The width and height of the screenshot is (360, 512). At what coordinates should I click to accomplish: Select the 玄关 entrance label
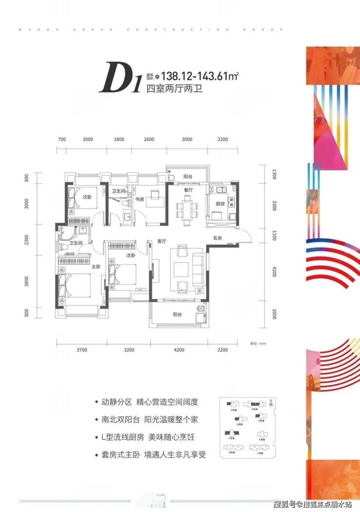pos(217,238)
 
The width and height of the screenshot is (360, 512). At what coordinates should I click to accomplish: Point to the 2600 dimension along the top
pos(149,140)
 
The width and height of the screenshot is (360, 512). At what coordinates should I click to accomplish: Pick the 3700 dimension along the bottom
pos(81,349)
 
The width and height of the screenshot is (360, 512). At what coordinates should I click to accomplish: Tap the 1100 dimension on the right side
pos(274,238)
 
